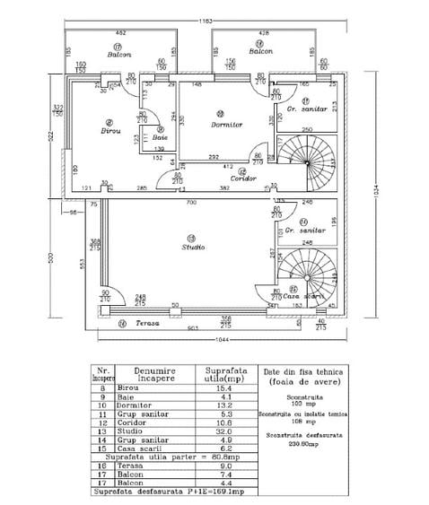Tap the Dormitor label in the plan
[x=227, y=125]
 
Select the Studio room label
[x=193, y=247]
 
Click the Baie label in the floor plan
[x=160, y=137]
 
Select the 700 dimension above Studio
[x=191, y=205]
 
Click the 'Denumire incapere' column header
[x=152, y=373]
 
